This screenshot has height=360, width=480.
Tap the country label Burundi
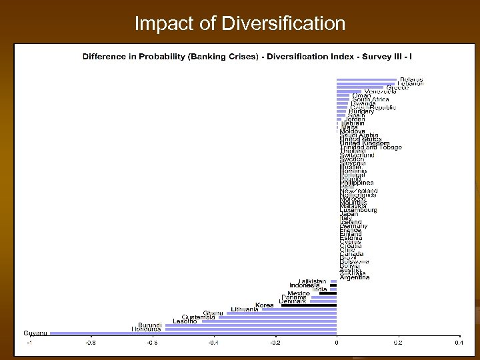click(x=150, y=325)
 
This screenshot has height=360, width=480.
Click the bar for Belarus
click(x=367, y=80)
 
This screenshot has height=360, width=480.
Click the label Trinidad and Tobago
click(x=371, y=147)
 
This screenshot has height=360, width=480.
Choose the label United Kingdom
click(x=365, y=143)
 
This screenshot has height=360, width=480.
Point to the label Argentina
click(x=355, y=277)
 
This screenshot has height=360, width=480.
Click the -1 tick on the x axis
click(x=29, y=343)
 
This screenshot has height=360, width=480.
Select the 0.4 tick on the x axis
click(x=459, y=343)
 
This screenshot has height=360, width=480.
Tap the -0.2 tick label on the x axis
click(x=274, y=343)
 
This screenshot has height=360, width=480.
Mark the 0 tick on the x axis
click(x=337, y=343)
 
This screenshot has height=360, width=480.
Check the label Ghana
click(x=213, y=313)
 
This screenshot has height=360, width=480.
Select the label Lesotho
click(x=185, y=321)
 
